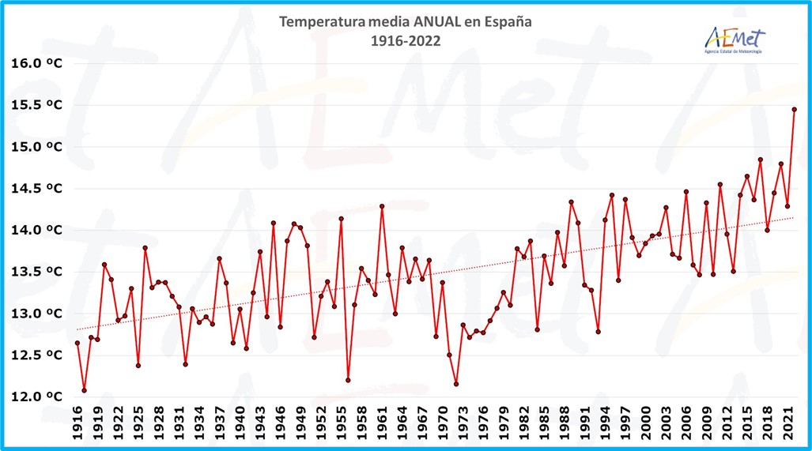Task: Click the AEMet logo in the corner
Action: [x=734, y=39]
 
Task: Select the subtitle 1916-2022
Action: [x=406, y=40]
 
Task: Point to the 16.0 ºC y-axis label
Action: [x=37, y=63]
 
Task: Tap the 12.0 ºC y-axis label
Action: [x=37, y=397]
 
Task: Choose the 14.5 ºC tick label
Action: [x=37, y=188]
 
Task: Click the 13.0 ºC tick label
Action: [x=37, y=314]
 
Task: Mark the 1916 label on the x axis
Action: [x=77, y=425]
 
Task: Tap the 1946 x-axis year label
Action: [x=281, y=425]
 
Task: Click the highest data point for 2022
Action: [x=794, y=110]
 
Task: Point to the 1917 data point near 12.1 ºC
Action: [x=84, y=390]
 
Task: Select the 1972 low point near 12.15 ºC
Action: [x=456, y=384]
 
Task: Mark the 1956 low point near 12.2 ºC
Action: [x=348, y=380]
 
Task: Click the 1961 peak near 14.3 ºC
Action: [x=382, y=206]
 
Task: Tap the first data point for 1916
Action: [x=77, y=343]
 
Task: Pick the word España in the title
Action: [x=507, y=22]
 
